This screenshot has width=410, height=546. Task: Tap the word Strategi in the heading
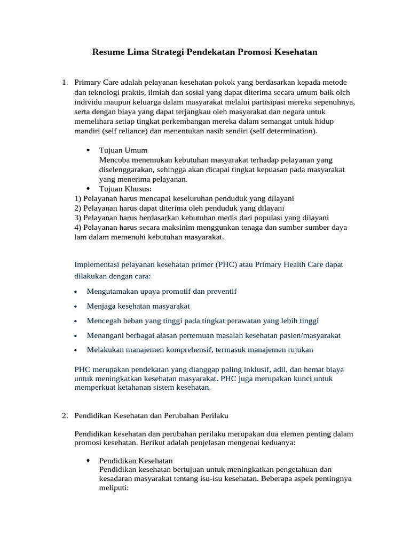(169, 52)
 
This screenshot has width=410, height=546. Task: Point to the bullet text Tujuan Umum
(123, 150)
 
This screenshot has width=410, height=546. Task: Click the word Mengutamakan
(112, 291)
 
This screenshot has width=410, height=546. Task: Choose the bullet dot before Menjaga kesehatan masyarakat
(76, 307)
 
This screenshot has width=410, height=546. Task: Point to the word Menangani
(104, 335)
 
